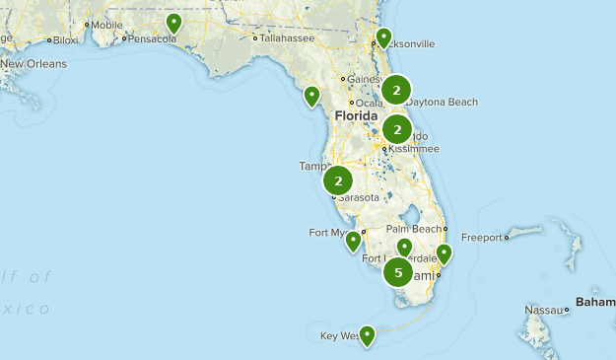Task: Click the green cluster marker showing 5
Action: point(398,272)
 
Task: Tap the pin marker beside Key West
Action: point(367,336)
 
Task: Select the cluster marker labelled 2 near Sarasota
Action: point(338,181)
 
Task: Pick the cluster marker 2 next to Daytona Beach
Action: point(396,91)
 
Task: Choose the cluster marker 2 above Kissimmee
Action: point(397,129)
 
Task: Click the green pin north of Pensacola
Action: point(174,23)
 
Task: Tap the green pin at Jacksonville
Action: point(384,38)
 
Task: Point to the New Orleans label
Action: point(34,64)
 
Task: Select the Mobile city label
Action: point(106,25)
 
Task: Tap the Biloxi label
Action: point(66,40)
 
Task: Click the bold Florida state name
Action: point(356,116)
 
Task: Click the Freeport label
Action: point(482,238)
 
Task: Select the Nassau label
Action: point(543,310)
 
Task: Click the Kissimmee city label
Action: point(412,149)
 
